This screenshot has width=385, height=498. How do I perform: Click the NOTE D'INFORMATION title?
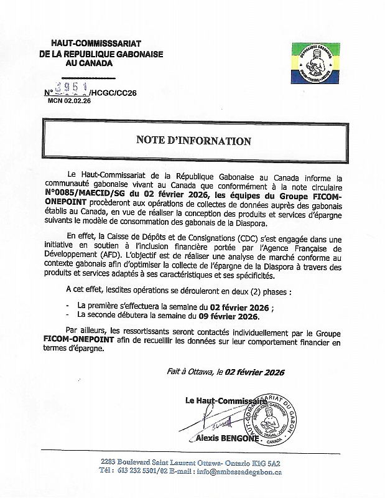point(193,141)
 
